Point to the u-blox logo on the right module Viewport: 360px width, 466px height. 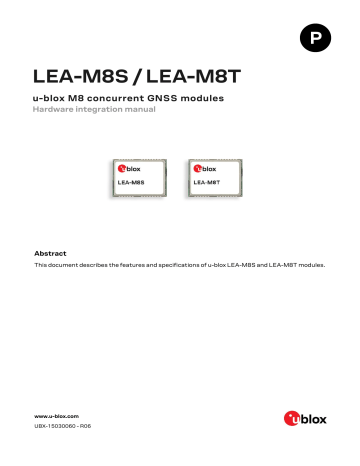pos(204,171)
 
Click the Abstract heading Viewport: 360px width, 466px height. pos(50,253)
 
